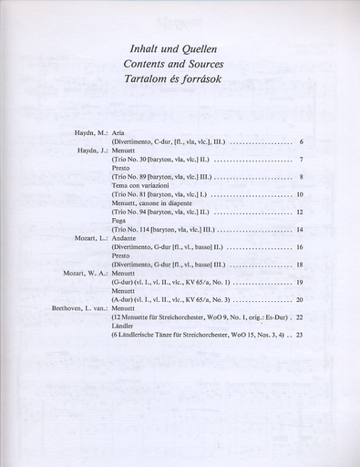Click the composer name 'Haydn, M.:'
pos(92,133)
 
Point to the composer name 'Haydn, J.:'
pos(92,151)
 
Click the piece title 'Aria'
pos(118,133)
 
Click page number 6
pos(301,142)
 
